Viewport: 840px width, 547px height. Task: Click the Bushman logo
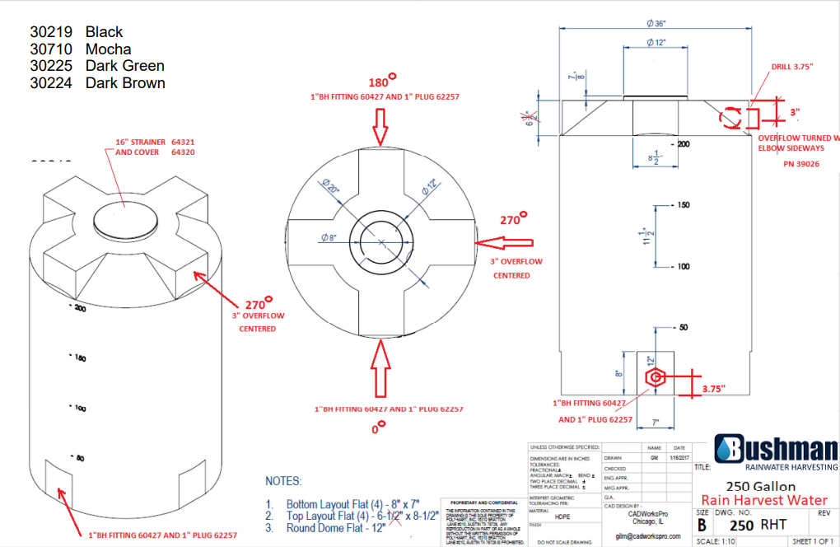coord(775,450)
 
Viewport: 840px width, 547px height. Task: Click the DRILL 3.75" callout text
coord(792,67)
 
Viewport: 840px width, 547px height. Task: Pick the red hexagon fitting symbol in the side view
coord(655,377)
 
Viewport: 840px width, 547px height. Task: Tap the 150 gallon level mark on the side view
coord(683,205)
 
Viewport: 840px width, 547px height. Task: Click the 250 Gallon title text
coord(760,485)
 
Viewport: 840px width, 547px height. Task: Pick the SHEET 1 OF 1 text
coord(813,541)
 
